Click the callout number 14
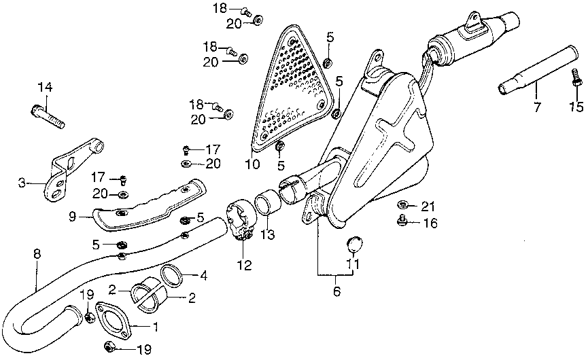45,88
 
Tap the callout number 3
22,183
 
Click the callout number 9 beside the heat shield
73,216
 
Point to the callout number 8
37,253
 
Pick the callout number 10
252,164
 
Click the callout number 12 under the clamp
244,265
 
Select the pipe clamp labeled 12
241,220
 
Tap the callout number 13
268,234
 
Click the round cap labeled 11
353,245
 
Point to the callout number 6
336,291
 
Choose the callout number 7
537,107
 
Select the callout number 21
428,206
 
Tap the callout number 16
430,223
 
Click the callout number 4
203,276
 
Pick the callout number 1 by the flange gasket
155,327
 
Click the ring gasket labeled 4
172,276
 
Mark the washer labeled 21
403,204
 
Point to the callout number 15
576,107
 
